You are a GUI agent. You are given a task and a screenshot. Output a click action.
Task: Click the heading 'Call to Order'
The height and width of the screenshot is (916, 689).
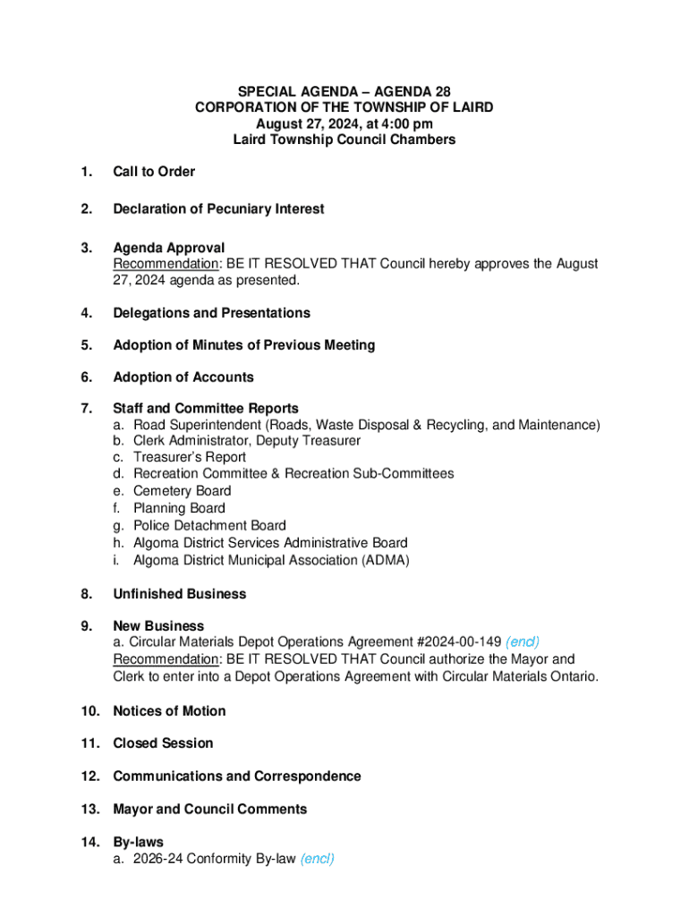[153, 172]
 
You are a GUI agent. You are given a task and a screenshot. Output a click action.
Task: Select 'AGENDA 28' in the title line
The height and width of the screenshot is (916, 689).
[411, 91]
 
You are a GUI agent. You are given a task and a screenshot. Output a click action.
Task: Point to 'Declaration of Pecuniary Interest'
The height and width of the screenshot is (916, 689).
[218, 209]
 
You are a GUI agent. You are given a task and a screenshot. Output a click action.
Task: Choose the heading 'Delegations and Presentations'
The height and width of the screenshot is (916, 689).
[211, 313]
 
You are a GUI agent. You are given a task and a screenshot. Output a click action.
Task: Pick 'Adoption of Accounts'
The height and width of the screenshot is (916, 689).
[183, 377]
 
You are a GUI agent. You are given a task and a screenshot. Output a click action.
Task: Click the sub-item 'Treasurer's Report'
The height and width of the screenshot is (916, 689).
[189, 457]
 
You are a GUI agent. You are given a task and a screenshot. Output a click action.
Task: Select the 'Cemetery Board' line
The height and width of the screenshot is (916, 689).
[182, 491]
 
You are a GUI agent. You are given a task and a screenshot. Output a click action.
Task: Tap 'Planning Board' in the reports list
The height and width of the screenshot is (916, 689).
[179, 508]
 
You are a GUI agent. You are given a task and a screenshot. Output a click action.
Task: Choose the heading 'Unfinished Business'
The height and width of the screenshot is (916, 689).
[179, 594]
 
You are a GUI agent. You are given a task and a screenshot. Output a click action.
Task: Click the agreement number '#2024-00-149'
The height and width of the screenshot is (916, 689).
[459, 642]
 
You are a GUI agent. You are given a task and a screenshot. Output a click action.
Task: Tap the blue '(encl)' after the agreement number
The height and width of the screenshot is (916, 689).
[523, 642]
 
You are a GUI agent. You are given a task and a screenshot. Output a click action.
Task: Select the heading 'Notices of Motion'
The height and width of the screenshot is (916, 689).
[169, 711]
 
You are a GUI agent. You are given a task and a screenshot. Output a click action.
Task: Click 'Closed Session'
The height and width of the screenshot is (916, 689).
[163, 743]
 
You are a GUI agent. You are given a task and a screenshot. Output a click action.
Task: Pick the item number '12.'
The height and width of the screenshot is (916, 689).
[91, 776]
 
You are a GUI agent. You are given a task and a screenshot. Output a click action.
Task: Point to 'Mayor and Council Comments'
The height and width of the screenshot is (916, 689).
[209, 810]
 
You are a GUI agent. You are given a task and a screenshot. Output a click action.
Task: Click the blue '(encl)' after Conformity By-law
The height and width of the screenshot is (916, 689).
[318, 860]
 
